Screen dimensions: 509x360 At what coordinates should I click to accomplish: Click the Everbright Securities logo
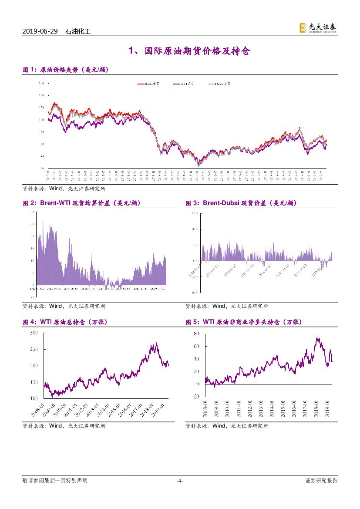(x=317, y=28)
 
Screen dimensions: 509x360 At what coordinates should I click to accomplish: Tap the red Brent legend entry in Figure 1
(x=149, y=83)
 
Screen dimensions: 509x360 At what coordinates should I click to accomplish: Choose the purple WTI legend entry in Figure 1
(x=183, y=83)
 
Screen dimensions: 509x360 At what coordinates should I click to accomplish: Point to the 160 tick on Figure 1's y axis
(x=42, y=83)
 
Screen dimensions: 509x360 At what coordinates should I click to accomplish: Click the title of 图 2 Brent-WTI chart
(x=81, y=203)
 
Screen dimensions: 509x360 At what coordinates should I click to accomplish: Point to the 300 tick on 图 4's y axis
(x=34, y=333)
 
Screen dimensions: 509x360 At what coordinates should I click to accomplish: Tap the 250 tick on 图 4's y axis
(x=34, y=350)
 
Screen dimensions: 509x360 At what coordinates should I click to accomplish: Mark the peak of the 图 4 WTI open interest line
(x=156, y=343)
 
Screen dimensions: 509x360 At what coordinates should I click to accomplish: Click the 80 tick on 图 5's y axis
(x=197, y=334)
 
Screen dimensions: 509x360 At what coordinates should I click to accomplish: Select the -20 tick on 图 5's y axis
(x=196, y=396)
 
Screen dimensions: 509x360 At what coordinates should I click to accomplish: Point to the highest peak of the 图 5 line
(x=317, y=338)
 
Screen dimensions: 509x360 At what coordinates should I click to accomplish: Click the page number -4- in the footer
(x=180, y=481)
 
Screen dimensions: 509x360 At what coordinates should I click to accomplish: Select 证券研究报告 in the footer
(x=321, y=481)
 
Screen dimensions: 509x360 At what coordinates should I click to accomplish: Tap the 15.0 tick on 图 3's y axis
(x=195, y=213)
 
